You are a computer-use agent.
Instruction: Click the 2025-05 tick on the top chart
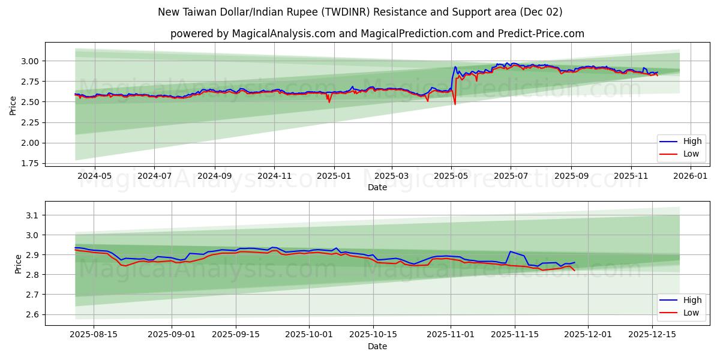[451, 176]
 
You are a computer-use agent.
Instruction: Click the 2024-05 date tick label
[95, 176]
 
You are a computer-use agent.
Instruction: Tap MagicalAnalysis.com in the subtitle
[284, 34]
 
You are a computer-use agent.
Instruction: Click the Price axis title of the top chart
[13, 106]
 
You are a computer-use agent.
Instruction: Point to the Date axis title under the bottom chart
[377, 346]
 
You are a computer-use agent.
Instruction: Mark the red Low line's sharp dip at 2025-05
[455, 104]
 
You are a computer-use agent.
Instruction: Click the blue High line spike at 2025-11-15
[510, 251]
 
